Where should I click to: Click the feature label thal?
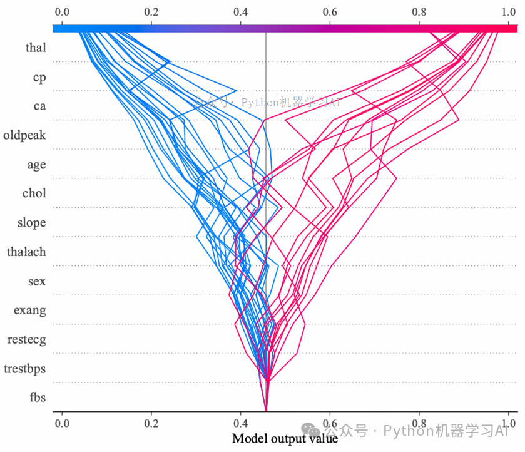tap(36, 48)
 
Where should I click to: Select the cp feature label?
tap(39, 78)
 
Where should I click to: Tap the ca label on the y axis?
tap(39, 106)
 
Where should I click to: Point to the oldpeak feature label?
tap(24, 135)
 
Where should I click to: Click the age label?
tap(36, 165)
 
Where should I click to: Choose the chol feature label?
tap(34, 193)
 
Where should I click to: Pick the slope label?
tap(31, 223)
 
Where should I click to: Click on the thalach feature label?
tap(26, 252)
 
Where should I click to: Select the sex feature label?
tap(37, 281)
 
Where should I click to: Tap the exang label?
tap(31, 311)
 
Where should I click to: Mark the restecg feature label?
tap(26, 340)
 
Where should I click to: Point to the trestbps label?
tap(24, 369)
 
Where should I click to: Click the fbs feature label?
tap(37, 397)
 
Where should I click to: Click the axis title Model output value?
tap(285, 439)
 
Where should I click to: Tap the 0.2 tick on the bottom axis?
tap(151, 423)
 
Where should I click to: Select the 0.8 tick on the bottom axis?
tap(419, 423)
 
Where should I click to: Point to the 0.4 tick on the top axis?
tap(240, 12)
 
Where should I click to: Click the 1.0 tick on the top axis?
tap(509, 12)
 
